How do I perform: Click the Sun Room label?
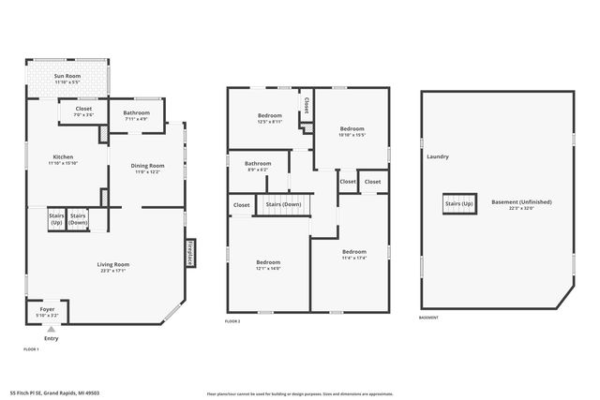(66, 77)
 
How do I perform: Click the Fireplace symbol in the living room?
(190, 255)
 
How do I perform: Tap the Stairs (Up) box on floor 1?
(56, 219)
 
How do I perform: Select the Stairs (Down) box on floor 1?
(78, 219)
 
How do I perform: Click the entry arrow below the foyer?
(51, 329)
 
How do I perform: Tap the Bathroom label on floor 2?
(259, 165)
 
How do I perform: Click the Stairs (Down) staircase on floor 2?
(283, 205)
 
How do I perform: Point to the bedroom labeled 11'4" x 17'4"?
(354, 254)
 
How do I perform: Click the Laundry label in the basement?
(438, 156)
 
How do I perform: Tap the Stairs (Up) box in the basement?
(459, 203)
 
